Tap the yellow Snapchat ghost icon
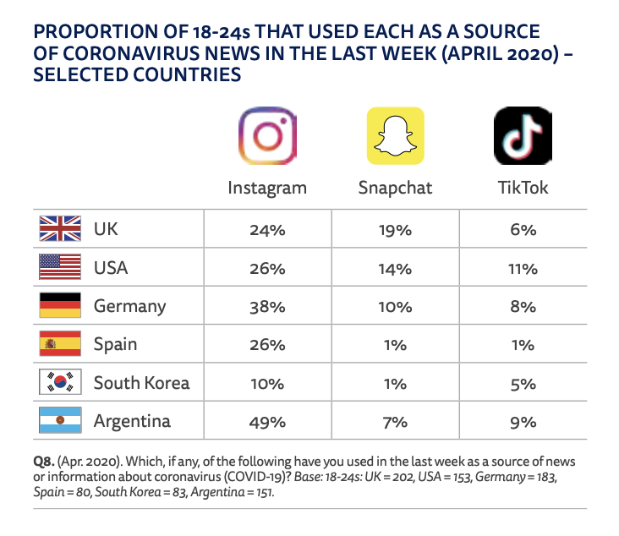point(395,136)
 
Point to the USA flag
point(60,269)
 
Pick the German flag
point(60,306)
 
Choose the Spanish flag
point(60,345)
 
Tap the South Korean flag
point(60,383)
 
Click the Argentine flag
point(60,421)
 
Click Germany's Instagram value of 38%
point(267,307)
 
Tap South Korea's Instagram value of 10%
point(267,384)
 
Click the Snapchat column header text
point(395,188)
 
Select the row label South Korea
point(141,383)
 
